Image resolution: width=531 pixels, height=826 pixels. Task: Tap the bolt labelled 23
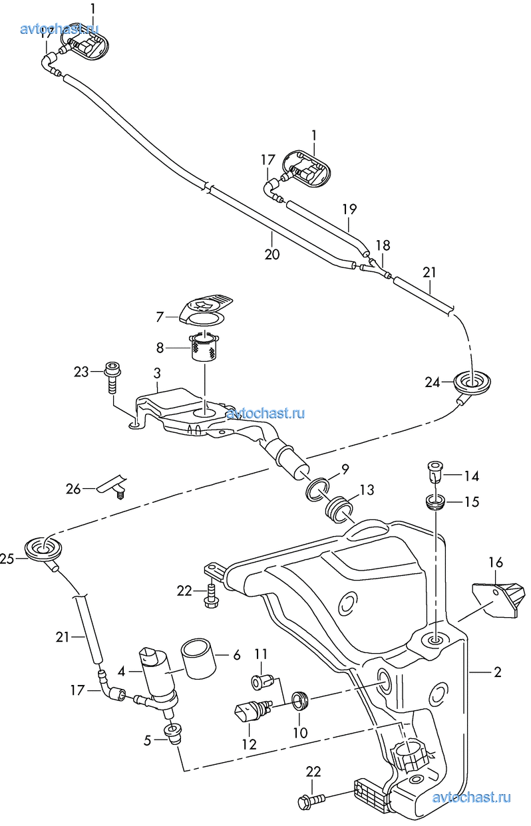click(112, 376)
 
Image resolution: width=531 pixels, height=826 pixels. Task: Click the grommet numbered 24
click(472, 382)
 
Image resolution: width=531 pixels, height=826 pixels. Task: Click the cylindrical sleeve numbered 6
click(198, 659)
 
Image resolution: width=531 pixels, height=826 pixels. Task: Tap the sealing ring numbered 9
click(317, 489)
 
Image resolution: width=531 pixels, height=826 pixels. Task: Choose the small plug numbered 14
click(435, 470)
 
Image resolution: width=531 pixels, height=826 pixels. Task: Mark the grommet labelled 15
click(435, 502)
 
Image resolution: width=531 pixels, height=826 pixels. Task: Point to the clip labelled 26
click(112, 486)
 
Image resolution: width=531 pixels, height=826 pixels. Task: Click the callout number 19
click(349, 209)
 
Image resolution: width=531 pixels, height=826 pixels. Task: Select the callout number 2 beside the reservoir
click(498, 672)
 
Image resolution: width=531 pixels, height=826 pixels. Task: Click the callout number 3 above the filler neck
click(157, 373)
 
